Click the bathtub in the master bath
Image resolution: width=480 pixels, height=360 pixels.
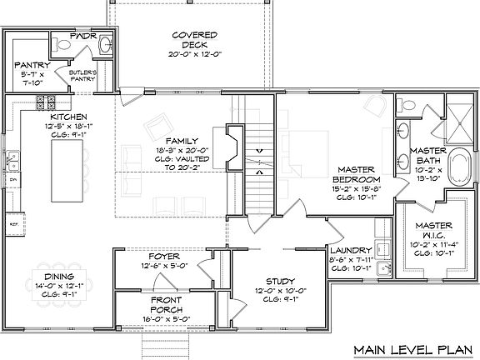[x=459, y=166]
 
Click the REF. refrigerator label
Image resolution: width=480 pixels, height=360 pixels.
[x=13, y=224]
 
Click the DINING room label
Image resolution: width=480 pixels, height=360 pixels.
[x=59, y=276]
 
